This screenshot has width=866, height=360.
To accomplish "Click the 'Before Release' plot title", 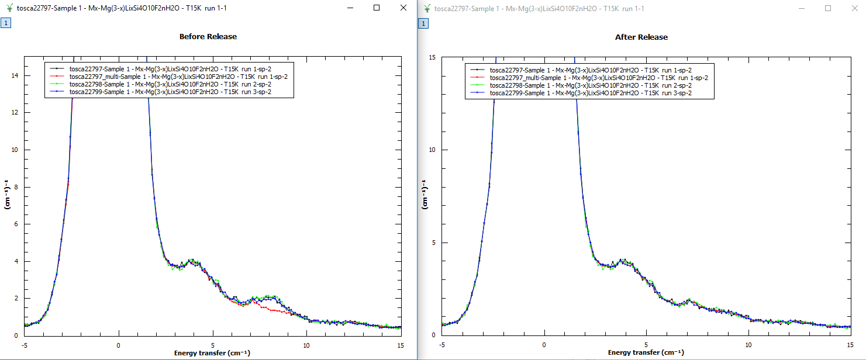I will [x=208, y=36].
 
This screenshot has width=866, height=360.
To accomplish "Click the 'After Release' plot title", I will [x=641, y=37].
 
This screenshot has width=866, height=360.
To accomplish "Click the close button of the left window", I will [x=403, y=8].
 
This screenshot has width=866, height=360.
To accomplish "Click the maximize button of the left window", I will [x=377, y=8].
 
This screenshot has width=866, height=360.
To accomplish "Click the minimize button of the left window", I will [x=350, y=8].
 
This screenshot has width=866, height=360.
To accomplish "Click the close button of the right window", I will [x=854, y=8].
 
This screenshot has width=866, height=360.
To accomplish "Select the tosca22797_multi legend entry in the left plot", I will [x=178, y=77].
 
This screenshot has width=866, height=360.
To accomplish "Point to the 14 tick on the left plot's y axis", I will [x=18, y=75].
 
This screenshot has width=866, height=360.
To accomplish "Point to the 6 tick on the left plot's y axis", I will [x=18, y=224].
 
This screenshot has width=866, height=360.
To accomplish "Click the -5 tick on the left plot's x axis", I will [x=25, y=345].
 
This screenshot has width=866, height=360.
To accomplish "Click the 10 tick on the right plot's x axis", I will [x=748, y=345].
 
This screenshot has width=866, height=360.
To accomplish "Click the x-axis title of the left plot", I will [x=208, y=353].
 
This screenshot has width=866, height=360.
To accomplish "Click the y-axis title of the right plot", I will [x=425, y=196].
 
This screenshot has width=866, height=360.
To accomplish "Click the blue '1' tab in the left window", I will [x=5, y=23].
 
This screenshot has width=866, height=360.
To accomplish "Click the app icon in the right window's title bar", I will [x=427, y=8].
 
